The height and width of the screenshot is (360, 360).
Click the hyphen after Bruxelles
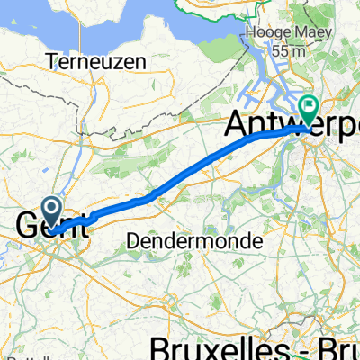coord(298,346)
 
